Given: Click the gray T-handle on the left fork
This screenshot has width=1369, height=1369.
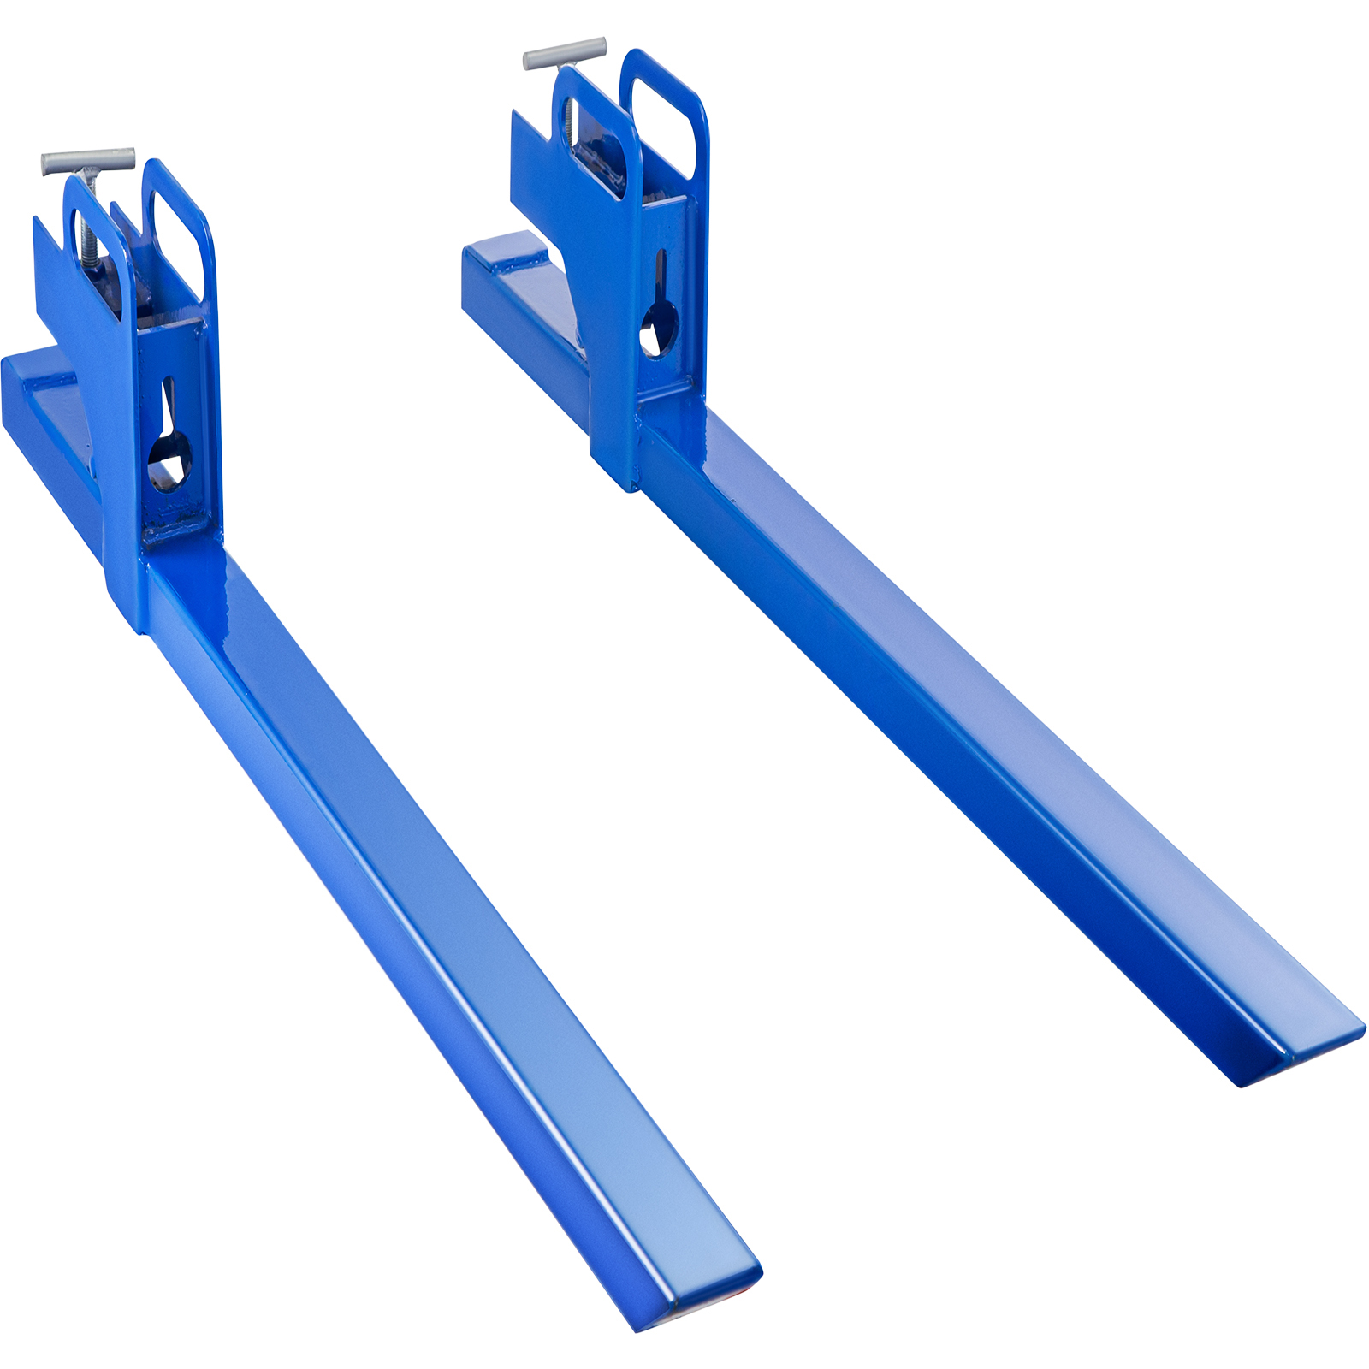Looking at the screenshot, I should (88, 160).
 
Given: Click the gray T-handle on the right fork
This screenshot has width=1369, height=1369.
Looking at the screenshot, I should (565, 53).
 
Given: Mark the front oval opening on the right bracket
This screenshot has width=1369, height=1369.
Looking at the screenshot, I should (591, 145).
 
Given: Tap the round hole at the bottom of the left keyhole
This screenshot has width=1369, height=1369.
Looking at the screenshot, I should (169, 462).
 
